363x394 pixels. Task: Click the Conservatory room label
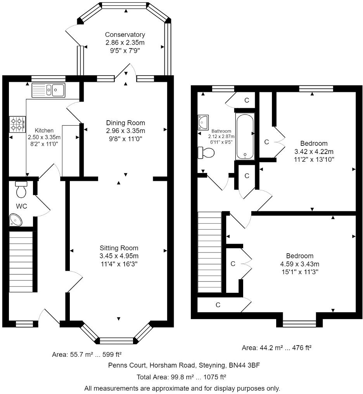(x=125, y=35)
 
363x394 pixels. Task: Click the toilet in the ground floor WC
(x=21, y=189)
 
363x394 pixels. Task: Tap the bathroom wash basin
(x=204, y=122)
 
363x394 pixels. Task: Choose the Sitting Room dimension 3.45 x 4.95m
(x=119, y=256)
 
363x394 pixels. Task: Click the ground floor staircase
(x=22, y=261)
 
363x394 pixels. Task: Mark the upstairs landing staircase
(x=209, y=252)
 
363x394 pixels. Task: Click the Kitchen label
(x=44, y=130)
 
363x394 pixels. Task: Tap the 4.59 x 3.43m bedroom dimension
(x=299, y=264)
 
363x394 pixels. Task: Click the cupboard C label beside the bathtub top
(x=246, y=100)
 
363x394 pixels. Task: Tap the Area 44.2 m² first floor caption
(x=277, y=348)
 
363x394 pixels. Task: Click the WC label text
(x=22, y=206)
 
